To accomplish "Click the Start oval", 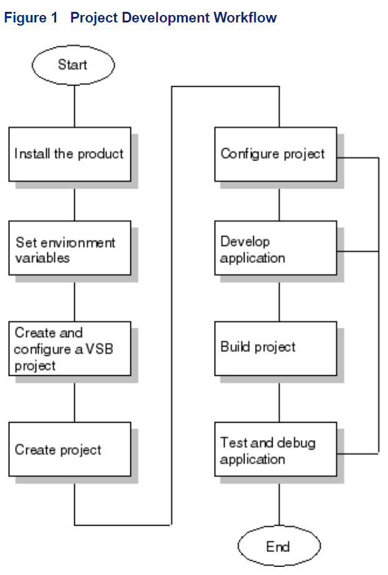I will (73, 65).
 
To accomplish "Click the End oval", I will (278, 547).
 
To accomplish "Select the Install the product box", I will (70, 154).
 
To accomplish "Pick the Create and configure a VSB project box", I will (70, 348).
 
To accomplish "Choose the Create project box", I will (70, 450).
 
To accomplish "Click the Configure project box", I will (276, 154).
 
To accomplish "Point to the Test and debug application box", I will (276, 450).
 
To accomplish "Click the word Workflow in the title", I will (245, 17).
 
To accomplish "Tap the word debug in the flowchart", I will (296, 443).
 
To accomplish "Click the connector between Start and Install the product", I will (74, 106).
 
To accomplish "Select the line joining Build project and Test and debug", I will (279, 399).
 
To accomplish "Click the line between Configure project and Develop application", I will (279, 201).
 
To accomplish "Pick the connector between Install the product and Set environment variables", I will (74, 201).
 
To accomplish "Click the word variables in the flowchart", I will (42, 257).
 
